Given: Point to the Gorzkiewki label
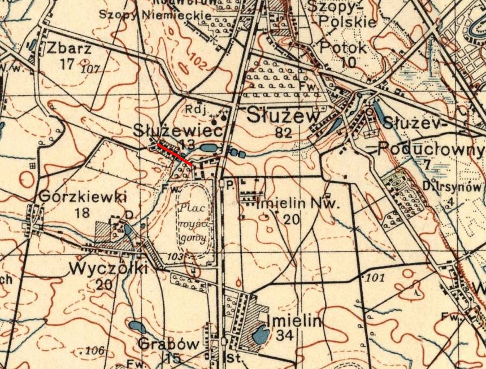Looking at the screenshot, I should [83, 197].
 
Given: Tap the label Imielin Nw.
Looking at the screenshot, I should [297, 204].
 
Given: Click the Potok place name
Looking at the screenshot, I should [342, 47].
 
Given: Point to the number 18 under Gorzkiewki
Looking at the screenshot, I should [82, 212].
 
